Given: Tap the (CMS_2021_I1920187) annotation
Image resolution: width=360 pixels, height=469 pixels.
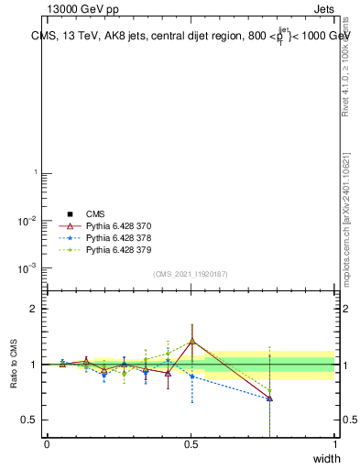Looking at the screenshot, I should pos(191,274).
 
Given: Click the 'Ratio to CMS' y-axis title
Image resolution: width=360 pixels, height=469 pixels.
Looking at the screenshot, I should pos(14,364).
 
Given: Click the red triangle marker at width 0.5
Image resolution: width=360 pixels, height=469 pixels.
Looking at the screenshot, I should pos(191,342).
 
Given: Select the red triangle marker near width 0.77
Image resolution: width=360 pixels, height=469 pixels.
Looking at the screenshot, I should pos(269,398).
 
